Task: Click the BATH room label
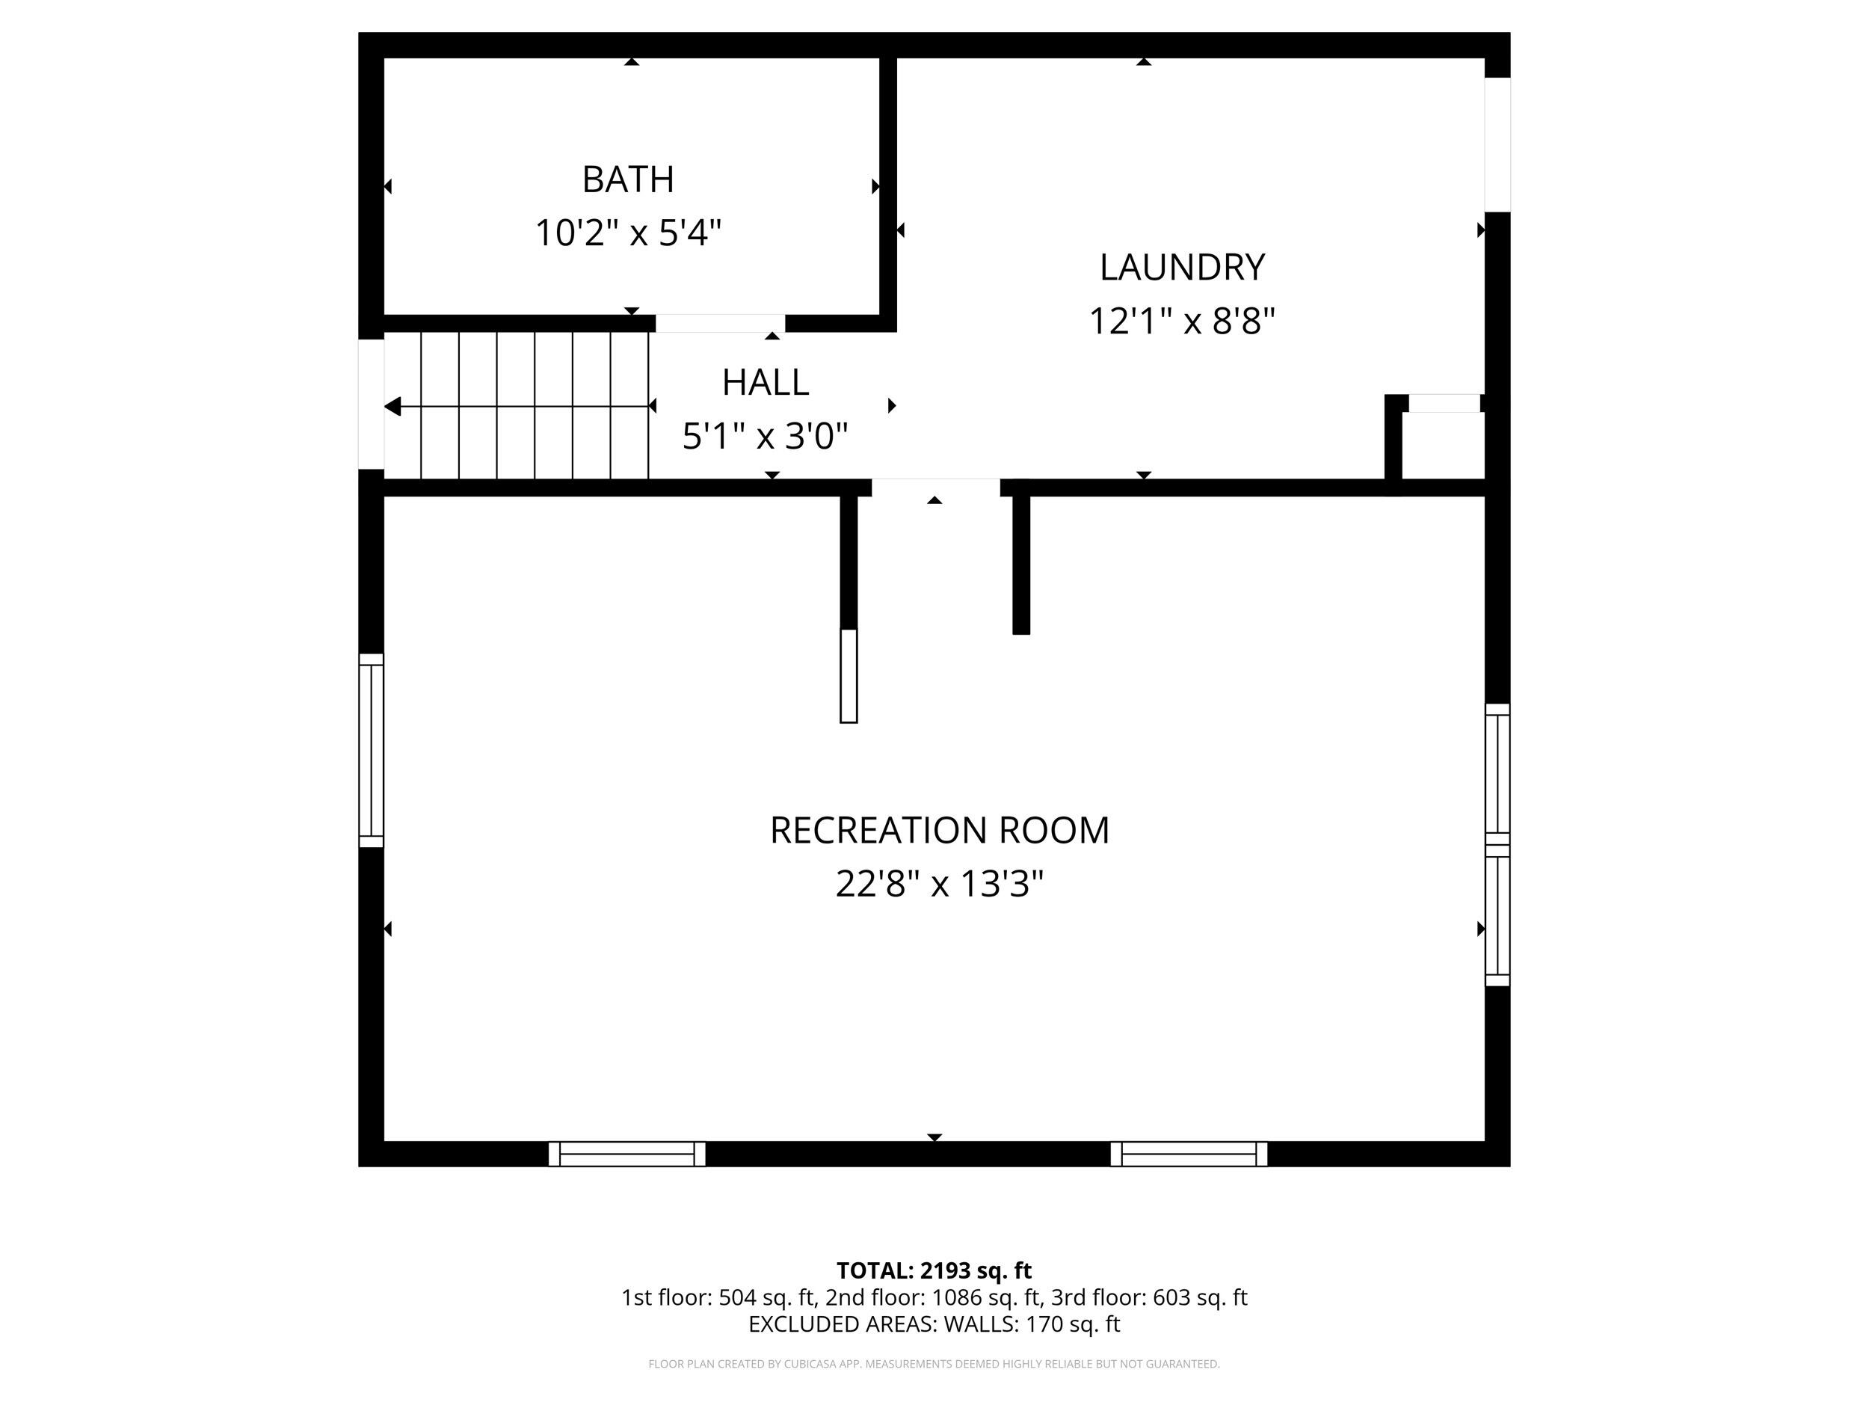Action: (x=628, y=179)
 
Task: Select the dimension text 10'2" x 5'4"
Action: (x=628, y=233)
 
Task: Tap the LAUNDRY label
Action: (x=1181, y=267)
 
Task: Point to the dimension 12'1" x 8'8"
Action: (x=1181, y=321)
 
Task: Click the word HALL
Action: (x=765, y=382)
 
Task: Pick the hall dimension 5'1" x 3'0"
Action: (x=765, y=436)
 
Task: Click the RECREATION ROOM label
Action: (x=939, y=830)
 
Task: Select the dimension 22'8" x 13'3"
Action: (x=939, y=884)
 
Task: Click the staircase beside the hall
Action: (x=517, y=405)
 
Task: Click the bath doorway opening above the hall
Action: (x=720, y=323)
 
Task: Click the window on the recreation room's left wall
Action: (x=371, y=749)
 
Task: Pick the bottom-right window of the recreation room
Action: (x=1188, y=1154)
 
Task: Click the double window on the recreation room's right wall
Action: (x=1497, y=844)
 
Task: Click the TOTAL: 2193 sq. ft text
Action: (x=934, y=1270)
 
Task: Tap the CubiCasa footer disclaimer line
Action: (x=934, y=1363)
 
